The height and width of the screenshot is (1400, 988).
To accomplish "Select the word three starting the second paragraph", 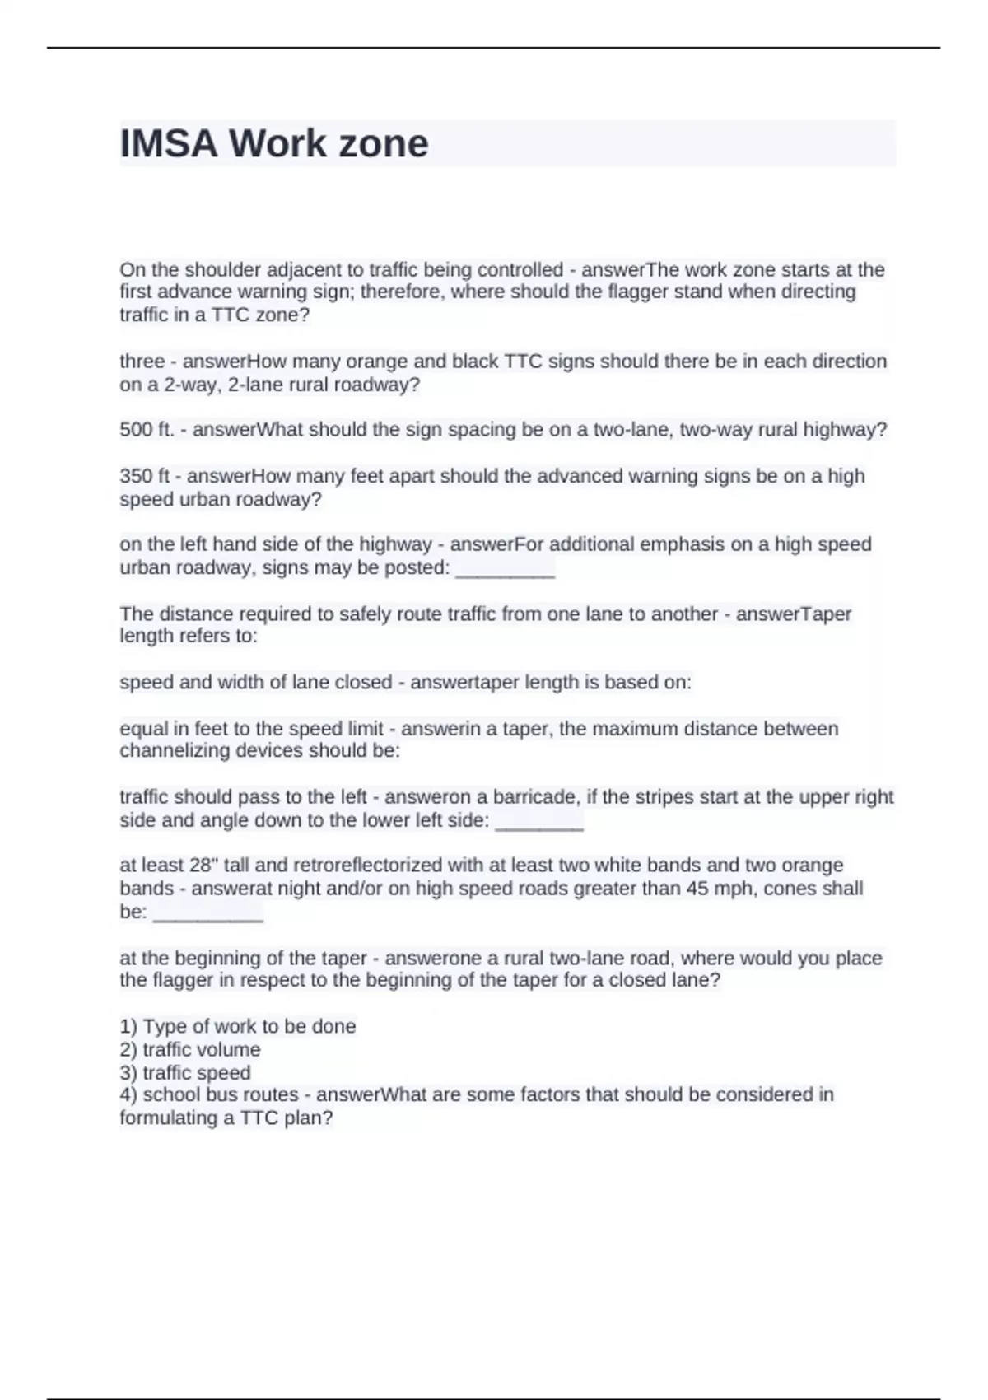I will pyautogui.click(x=142, y=362).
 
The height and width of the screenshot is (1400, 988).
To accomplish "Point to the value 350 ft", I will pyautogui.click(x=144, y=476).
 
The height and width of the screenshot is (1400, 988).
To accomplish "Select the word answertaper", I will pyautogui.click(x=453, y=683).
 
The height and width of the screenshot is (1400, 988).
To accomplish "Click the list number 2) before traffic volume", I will pyautogui.click(x=128, y=1050).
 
